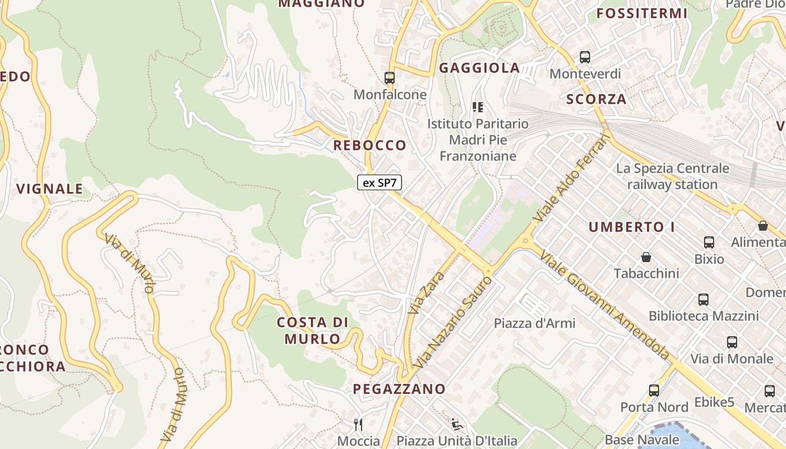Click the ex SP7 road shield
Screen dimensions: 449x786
tap(380, 182)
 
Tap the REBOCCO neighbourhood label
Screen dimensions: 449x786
tap(369, 145)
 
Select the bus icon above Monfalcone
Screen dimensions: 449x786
tap(390, 78)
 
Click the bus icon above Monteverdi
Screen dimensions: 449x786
tap(585, 57)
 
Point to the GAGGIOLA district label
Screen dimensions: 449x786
tap(479, 68)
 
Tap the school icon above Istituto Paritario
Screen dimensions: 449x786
tap(478, 107)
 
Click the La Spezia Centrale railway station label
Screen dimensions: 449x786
tap(673, 176)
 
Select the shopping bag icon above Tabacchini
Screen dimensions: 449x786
tap(646, 257)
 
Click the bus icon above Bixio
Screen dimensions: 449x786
tap(709, 242)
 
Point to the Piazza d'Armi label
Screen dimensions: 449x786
tap(534, 323)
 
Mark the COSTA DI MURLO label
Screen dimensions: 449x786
tap(313, 331)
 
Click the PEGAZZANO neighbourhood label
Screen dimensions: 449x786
tap(399, 389)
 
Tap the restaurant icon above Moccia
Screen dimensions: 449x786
tap(358, 424)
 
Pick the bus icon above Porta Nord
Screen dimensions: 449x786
tap(654, 391)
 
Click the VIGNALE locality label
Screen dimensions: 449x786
tap(50, 189)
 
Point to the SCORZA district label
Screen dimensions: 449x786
tap(596, 99)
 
